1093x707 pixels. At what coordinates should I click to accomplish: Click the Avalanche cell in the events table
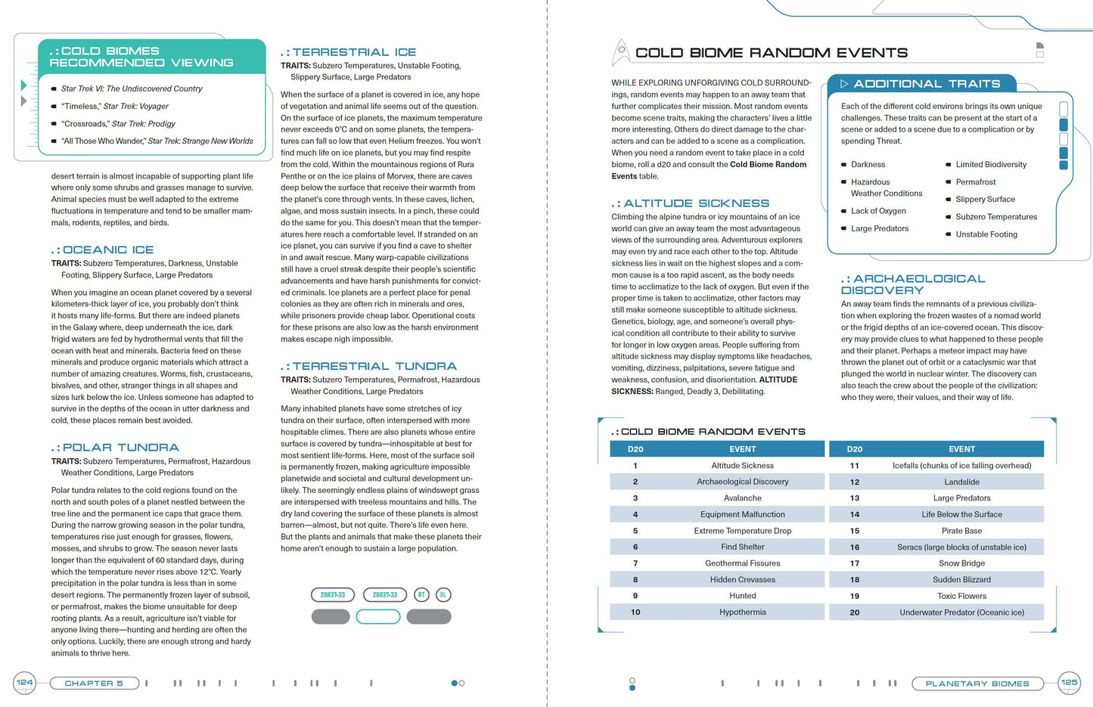point(742,498)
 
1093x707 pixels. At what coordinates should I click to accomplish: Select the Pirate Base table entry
point(961,531)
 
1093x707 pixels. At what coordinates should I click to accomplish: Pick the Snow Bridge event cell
point(961,563)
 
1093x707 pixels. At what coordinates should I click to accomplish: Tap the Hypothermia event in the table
point(742,612)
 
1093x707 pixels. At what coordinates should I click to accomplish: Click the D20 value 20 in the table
point(854,612)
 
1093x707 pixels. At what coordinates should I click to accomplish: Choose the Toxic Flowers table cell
point(961,596)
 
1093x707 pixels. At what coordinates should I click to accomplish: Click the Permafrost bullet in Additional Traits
point(975,182)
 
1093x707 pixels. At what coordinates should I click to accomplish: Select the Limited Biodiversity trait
point(991,165)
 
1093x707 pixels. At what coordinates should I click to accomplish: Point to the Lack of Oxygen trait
point(878,211)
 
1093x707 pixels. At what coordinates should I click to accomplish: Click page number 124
point(24,683)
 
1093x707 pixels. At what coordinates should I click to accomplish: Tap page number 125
point(1069,683)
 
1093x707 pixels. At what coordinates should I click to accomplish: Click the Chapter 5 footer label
point(94,684)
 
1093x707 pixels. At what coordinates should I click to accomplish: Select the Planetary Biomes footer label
point(977,684)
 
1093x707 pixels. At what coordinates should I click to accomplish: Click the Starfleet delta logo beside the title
point(621,51)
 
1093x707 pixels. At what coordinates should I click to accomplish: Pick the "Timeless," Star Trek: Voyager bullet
point(115,107)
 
